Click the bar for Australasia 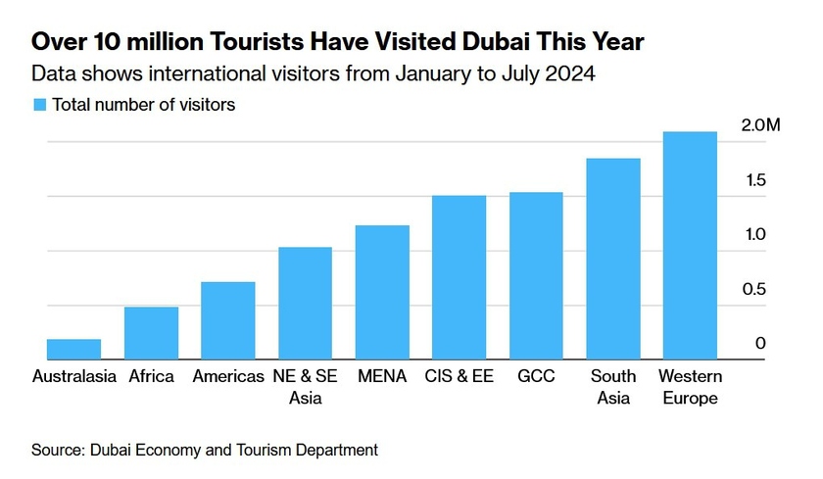pos(73,349)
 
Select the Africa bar pos(151,333)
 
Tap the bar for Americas pos(227,320)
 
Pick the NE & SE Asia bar pos(305,303)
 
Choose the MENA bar pos(382,292)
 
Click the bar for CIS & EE pos(459,277)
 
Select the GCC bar pos(536,275)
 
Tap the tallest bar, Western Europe pos(690,245)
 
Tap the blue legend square pos(39,105)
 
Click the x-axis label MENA pos(382,376)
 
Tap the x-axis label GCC pos(536,376)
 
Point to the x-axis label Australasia pos(73,376)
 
